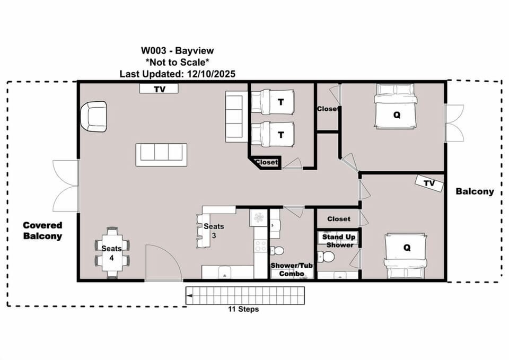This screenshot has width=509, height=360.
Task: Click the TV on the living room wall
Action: [x=159, y=89]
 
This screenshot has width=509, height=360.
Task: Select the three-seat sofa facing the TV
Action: [x=161, y=155]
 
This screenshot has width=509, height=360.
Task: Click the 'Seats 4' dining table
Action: [x=112, y=252]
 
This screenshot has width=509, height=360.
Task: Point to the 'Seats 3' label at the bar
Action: [x=214, y=231]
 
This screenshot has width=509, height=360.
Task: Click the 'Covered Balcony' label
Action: [x=42, y=231]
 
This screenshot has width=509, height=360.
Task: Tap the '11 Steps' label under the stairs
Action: [x=243, y=309]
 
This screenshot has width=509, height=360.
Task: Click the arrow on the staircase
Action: [x=190, y=296]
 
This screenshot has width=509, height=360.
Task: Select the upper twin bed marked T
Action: [x=273, y=102]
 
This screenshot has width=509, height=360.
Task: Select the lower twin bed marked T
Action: [x=273, y=134]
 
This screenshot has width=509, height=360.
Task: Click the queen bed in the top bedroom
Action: [x=395, y=106]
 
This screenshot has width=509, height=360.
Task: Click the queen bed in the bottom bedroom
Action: [x=406, y=256]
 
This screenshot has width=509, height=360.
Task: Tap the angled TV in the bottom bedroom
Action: [x=429, y=183]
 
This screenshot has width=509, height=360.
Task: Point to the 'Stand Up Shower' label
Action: [x=339, y=241]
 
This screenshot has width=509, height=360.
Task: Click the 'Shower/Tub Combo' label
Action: [x=292, y=269]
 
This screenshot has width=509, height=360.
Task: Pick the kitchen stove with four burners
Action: [x=260, y=245]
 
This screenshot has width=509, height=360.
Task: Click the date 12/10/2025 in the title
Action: [x=211, y=74]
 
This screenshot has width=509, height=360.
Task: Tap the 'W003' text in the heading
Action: [x=153, y=51]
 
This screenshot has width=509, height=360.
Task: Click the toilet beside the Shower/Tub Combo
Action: [x=277, y=250]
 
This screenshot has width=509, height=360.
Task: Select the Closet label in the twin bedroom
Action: [x=266, y=162]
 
